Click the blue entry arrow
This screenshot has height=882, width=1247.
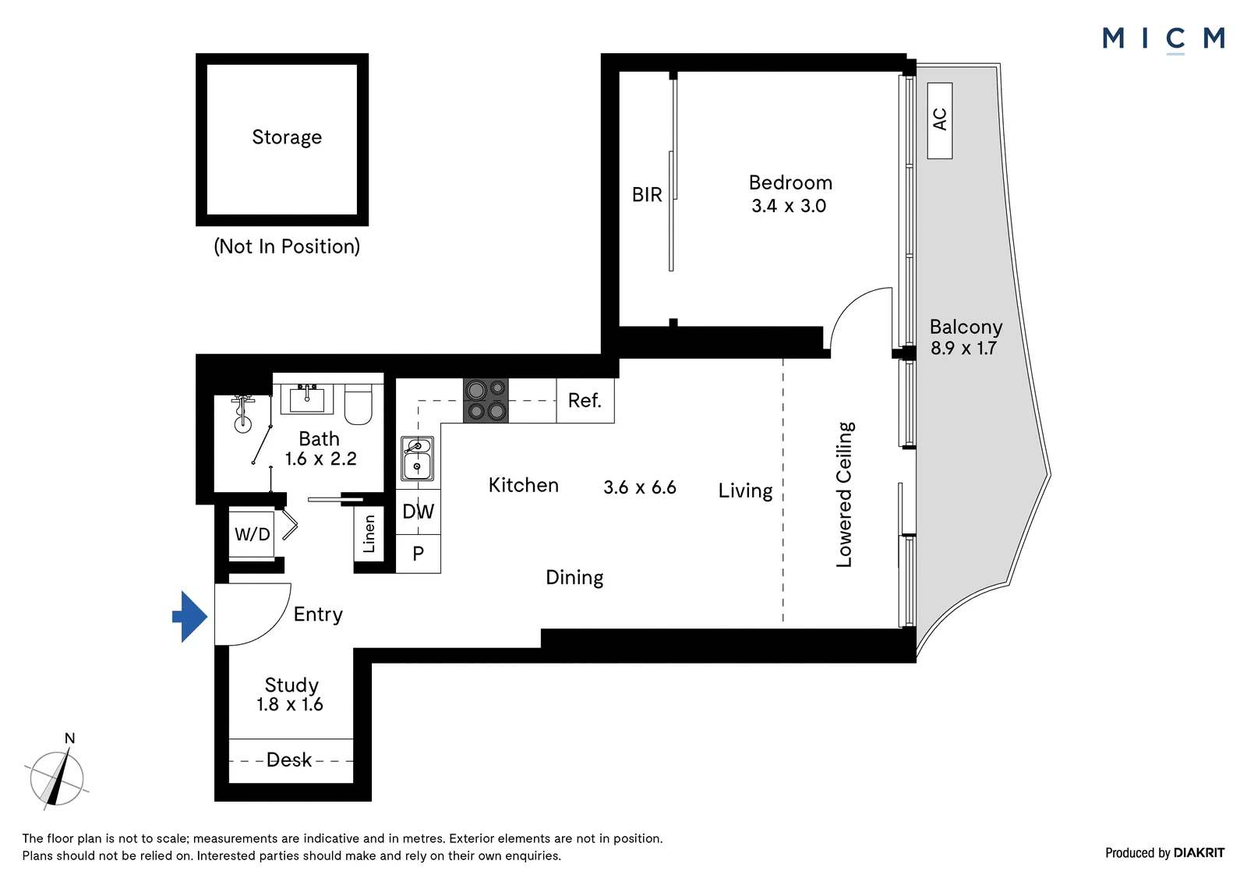point(190,616)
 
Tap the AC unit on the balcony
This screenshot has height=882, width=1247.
point(940,121)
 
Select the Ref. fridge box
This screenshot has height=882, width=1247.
point(585,401)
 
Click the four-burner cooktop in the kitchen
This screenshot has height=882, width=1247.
point(486,401)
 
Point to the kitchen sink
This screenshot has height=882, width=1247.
point(417,459)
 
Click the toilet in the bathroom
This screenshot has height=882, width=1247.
point(358,403)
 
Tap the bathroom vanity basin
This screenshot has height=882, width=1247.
point(307,398)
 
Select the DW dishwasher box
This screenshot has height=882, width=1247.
point(418,512)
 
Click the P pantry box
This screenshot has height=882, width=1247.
point(418,554)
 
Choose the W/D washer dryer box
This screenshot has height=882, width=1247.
point(252,534)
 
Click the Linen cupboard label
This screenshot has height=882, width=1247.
point(369,533)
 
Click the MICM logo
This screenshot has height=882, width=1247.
point(1164,39)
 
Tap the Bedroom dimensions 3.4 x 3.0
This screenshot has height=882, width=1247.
point(789,206)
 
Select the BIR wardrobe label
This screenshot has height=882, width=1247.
point(647,195)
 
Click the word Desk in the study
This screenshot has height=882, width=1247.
point(289,760)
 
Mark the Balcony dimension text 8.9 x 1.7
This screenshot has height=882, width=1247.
point(963,349)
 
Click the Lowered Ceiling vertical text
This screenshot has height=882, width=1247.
point(845,494)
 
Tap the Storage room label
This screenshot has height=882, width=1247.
point(287,137)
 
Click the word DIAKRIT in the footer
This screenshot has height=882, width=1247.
point(1199,853)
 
